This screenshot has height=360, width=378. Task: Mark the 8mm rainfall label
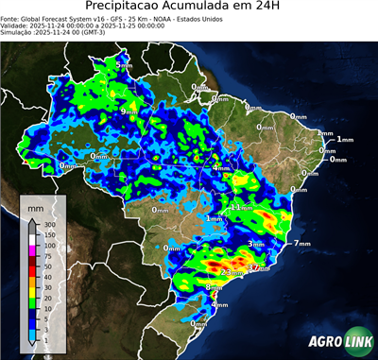[x=214, y=286]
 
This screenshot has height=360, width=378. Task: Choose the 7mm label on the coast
[x=301, y=244]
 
